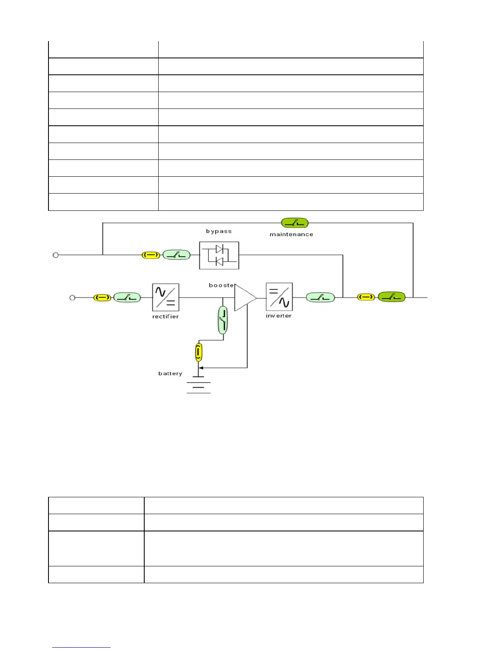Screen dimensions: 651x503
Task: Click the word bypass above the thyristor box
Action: tap(219, 231)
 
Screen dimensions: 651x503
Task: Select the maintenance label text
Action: tap(291, 234)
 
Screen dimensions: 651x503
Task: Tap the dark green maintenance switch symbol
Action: tap(295, 223)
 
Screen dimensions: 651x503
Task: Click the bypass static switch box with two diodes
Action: tap(219, 255)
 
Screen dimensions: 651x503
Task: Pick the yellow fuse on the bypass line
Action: tap(151, 255)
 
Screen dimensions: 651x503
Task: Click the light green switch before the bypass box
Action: tap(177, 255)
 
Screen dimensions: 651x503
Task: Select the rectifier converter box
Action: tap(166, 297)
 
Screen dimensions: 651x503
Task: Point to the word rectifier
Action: tap(165, 316)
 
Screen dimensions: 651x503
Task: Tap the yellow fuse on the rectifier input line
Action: tap(102, 298)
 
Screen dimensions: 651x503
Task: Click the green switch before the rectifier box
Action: tap(127, 297)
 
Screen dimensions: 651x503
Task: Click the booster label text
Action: tap(222, 285)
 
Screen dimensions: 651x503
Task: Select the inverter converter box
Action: tap(279, 297)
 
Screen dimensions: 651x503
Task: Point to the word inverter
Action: tap(279, 316)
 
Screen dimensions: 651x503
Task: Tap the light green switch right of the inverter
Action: tap(321, 297)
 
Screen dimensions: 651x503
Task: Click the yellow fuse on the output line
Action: tap(366, 297)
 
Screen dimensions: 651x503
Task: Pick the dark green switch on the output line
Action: tap(392, 297)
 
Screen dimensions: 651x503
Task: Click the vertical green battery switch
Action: tap(223, 320)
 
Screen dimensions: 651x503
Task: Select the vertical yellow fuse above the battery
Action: tap(199, 353)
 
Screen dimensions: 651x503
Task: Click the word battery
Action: tap(170, 374)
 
